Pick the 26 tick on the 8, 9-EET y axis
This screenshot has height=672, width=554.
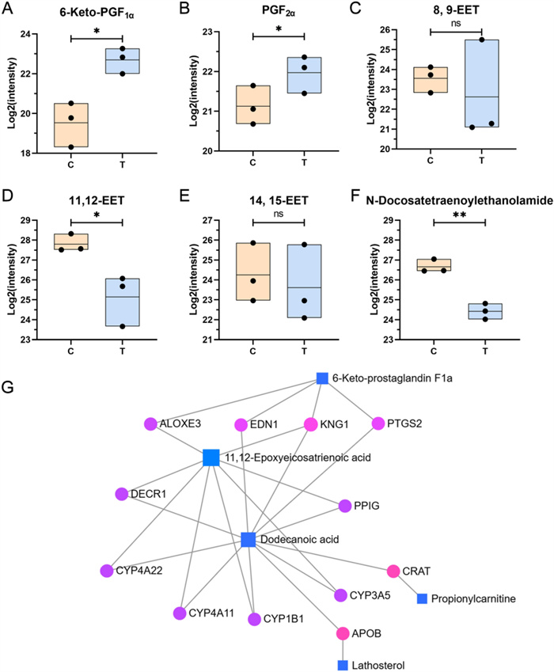tap(395, 30)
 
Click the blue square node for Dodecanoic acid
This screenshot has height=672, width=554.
tap(248, 540)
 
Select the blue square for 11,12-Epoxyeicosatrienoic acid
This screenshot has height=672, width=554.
tap(211, 457)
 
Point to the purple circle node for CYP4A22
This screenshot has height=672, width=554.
tap(106, 571)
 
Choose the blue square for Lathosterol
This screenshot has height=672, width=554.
tap(343, 664)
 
